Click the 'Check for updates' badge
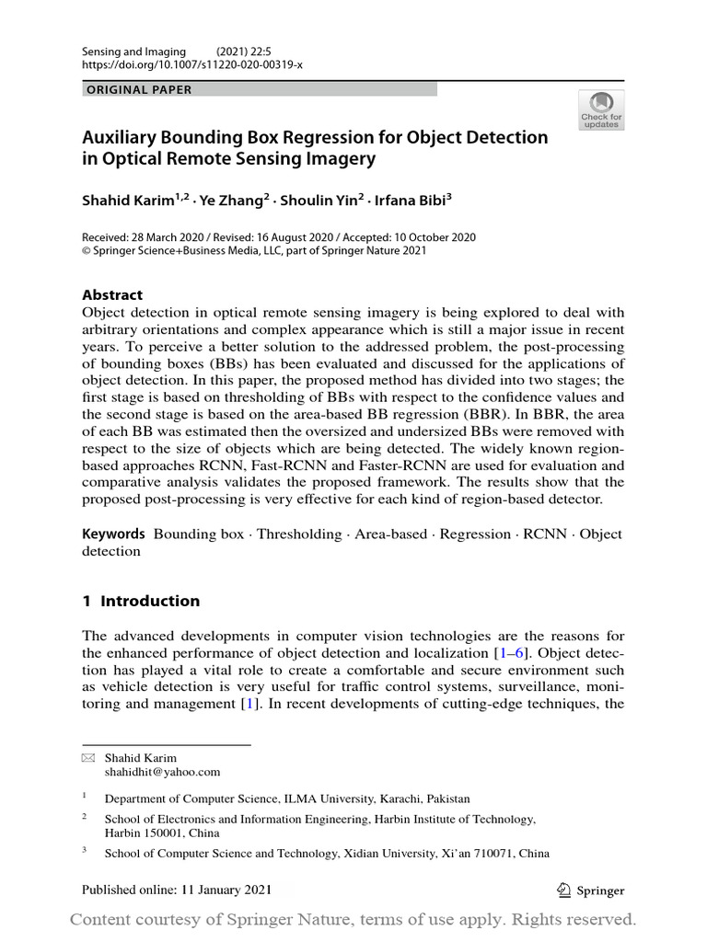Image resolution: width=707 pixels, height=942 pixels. (600, 109)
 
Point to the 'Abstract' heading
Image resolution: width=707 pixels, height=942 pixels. (112, 295)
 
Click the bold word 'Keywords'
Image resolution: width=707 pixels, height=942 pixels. (114, 534)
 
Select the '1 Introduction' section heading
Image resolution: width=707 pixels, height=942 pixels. (141, 602)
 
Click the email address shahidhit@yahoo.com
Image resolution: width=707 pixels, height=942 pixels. (162, 773)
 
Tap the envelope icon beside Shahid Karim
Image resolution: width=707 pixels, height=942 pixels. (89, 759)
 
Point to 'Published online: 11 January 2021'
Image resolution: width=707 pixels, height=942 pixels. (177, 890)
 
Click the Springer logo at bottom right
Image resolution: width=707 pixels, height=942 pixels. (592, 890)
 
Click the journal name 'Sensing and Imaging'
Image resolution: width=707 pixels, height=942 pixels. (133, 52)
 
